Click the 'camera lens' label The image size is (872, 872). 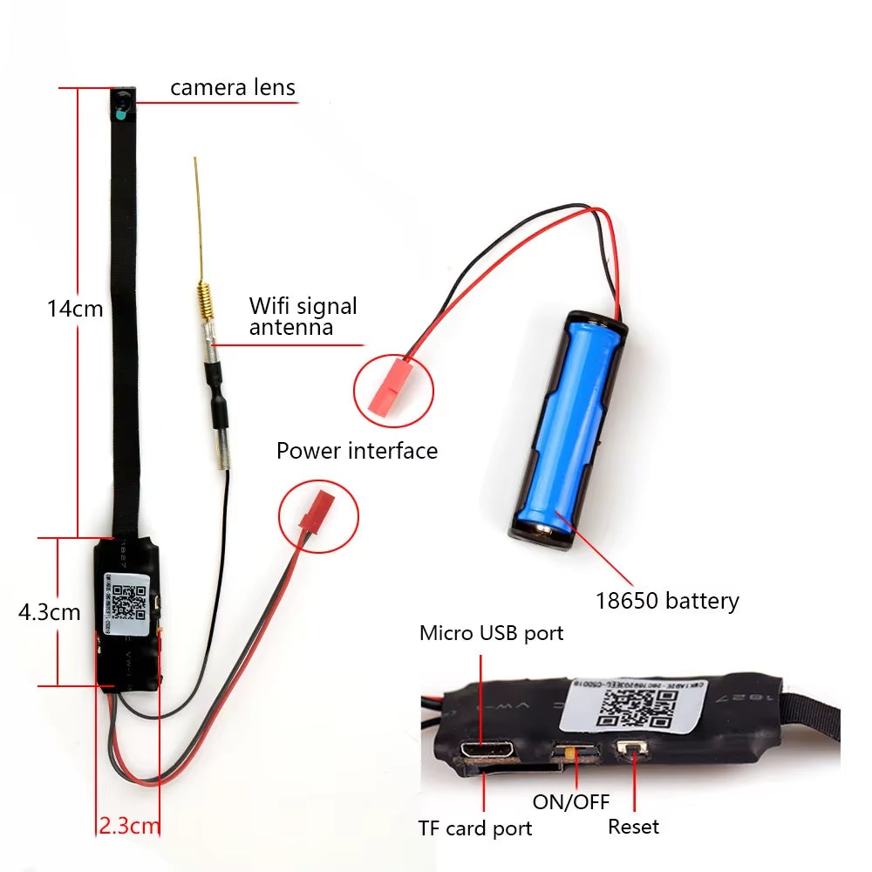(232, 87)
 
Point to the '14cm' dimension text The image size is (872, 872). (75, 309)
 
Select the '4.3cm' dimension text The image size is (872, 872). (49, 612)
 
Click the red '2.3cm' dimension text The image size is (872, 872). (128, 825)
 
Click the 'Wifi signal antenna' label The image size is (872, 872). (303, 317)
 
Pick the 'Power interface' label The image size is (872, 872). (357, 451)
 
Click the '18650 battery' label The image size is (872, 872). (667, 601)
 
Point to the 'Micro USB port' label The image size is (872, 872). (491, 633)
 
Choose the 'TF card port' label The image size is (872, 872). (474, 828)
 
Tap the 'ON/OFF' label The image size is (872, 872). (571, 802)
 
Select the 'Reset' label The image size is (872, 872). (634, 826)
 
